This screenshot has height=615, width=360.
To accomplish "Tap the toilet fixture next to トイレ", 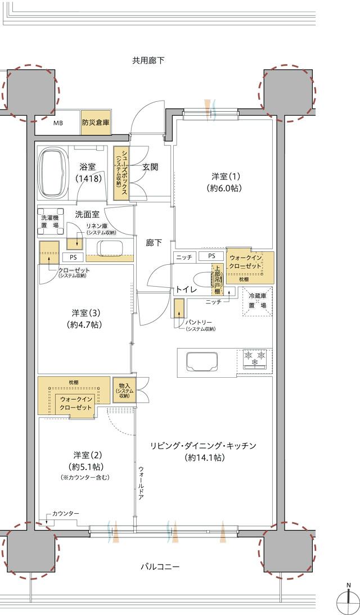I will coord(201,280).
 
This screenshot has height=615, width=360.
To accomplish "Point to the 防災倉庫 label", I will coord(95,122).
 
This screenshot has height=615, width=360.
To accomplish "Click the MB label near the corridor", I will coord(58,123).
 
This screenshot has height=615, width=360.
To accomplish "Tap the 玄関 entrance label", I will coord(150,167).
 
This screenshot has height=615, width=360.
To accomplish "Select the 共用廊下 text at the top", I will coord(148,60).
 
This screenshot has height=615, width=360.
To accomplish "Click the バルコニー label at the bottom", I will coord(160,567).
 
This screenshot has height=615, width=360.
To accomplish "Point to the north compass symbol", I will coord(348,600).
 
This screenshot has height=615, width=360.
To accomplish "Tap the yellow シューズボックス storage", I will coord(120,173).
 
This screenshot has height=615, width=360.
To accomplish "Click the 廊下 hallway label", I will coord(154,243).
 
